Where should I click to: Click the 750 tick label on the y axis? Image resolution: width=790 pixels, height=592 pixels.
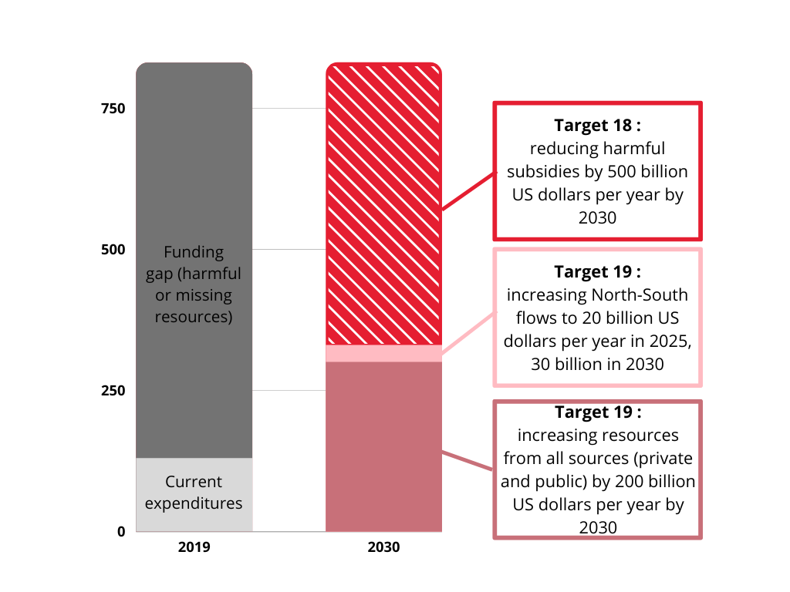pos(113,109)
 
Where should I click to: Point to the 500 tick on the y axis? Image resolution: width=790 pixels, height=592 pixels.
pos(113,250)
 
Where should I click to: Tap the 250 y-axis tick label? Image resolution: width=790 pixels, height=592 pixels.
pos(113,391)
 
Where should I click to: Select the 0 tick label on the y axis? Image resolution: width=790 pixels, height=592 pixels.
pos(121,531)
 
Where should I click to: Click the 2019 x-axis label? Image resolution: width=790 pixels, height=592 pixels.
pos(194,548)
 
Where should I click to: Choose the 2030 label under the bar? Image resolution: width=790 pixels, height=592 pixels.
pos(383,548)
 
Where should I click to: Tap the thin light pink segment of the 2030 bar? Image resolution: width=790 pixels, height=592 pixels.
pos(383,353)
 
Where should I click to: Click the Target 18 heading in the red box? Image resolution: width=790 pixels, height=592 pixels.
pos(597,125)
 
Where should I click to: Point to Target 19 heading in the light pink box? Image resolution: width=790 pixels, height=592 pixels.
pos(597,272)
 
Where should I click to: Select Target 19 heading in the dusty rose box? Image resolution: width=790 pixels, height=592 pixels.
pos(597,412)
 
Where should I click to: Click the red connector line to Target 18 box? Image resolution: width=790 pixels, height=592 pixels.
pos(468,190)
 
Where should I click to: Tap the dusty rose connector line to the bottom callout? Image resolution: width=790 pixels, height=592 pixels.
pos(468,460)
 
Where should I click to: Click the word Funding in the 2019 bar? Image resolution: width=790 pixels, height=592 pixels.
pos(194,252)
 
